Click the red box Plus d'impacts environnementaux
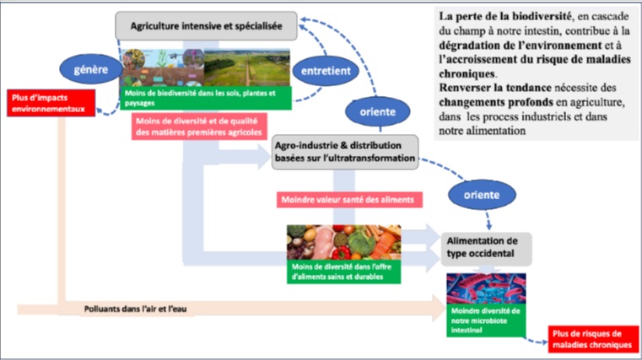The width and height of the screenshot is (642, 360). pyautogui.click(x=50, y=105)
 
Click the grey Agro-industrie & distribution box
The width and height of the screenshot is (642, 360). pyautogui.click(x=344, y=153)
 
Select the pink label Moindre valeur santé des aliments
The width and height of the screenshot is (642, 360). pyautogui.click(x=349, y=199)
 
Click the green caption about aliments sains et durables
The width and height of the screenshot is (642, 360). pyautogui.click(x=341, y=271)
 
